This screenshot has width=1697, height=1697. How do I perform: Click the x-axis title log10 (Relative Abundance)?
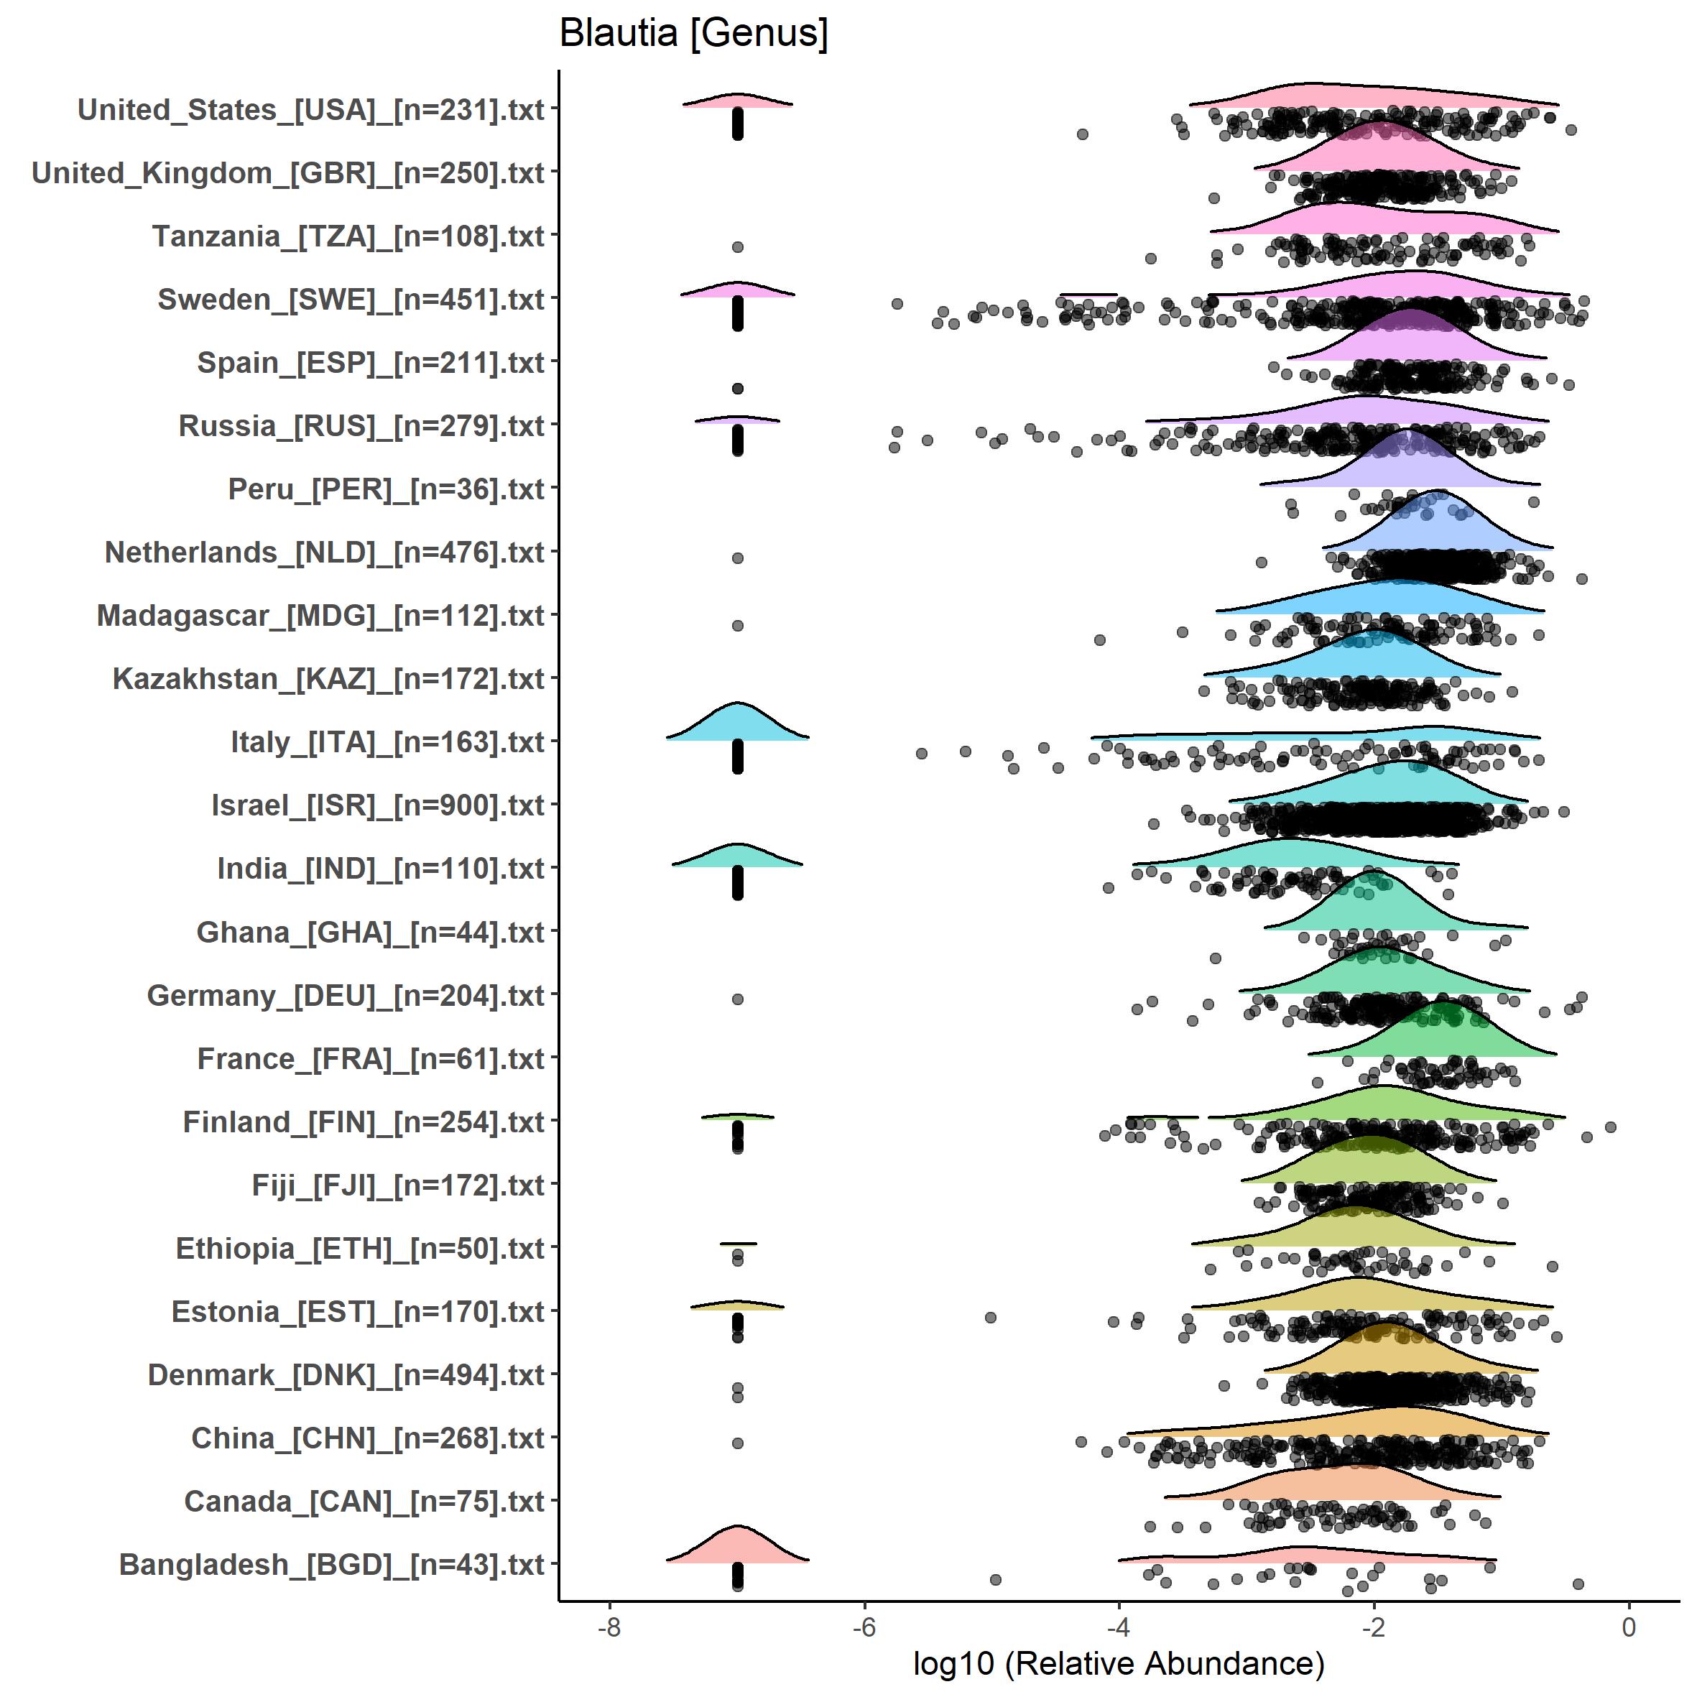pos(1118,1663)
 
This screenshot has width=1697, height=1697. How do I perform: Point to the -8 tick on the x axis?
pos(609,1627)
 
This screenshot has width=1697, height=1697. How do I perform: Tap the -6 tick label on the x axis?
pos(864,1627)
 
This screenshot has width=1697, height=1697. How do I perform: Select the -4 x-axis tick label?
pos(1118,1627)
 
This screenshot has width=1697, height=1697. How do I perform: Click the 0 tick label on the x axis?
pos(1629,1627)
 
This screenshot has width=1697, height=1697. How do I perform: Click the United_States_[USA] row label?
pos(311,111)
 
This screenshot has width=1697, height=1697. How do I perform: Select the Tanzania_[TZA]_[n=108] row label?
pos(348,237)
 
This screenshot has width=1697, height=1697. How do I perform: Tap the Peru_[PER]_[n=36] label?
pos(387,490)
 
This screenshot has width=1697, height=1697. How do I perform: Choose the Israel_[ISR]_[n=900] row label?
pos(378,806)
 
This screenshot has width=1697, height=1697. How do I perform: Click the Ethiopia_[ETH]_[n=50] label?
pos(360,1249)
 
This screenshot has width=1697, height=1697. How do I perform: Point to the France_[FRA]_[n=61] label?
pos(371,1059)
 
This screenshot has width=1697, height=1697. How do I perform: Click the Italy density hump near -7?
pos(738,726)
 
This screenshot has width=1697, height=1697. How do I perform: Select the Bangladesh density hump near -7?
pos(738,1548)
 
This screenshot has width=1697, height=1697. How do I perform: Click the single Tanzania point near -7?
pos(738,248)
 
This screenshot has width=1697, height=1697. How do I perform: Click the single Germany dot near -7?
pos(738,999)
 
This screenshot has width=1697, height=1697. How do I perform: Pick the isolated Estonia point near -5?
pos(991,1318)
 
